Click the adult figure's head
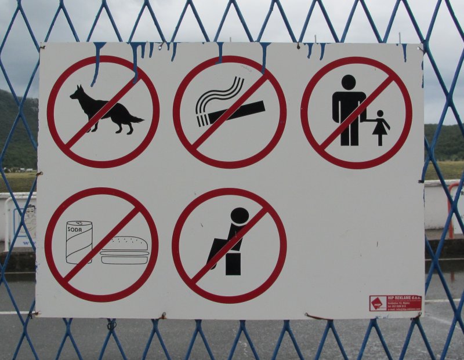349,82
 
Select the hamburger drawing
124,250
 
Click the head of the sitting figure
239,216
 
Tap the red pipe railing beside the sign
451,209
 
